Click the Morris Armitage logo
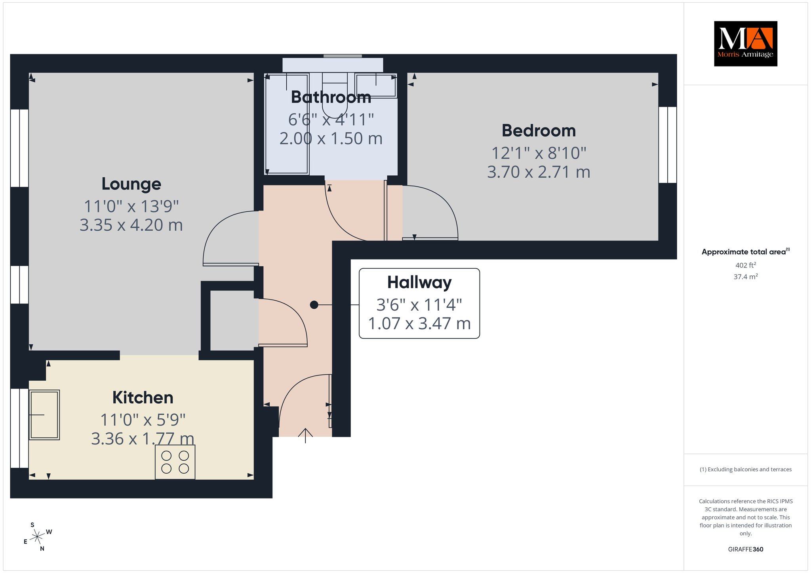(745, 44)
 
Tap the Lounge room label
(131, 184)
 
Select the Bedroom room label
(539, 131)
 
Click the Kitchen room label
(143, 398)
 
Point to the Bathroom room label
(331, 97)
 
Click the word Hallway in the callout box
(419, 283)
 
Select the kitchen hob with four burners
(175, 462)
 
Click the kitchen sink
(44, 415)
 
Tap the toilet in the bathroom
(335, 93)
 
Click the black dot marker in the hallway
(314, 305)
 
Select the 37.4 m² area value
(746, 277)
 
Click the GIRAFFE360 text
(746, 549)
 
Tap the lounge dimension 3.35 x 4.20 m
(131, 225)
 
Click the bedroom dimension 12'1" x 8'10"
(539, 153)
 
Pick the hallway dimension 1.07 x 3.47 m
(419, 324)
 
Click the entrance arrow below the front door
(305, 435)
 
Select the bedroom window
(668, 145)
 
